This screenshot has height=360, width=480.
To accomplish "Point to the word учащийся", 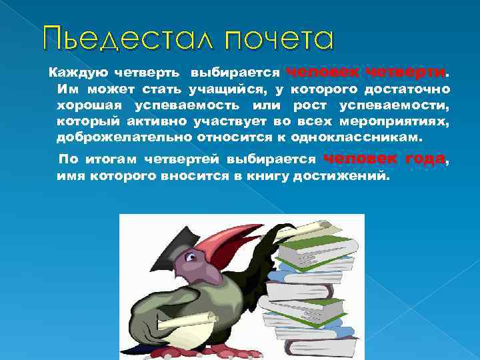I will [220, 89].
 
